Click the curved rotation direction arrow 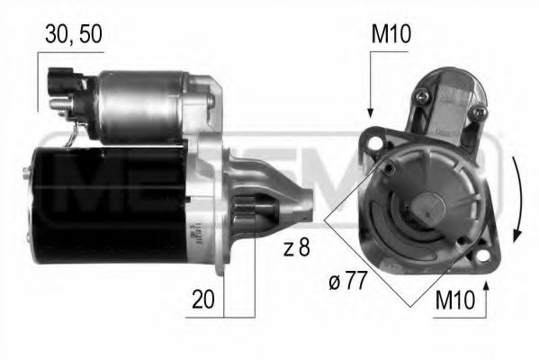tap(515, 200)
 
